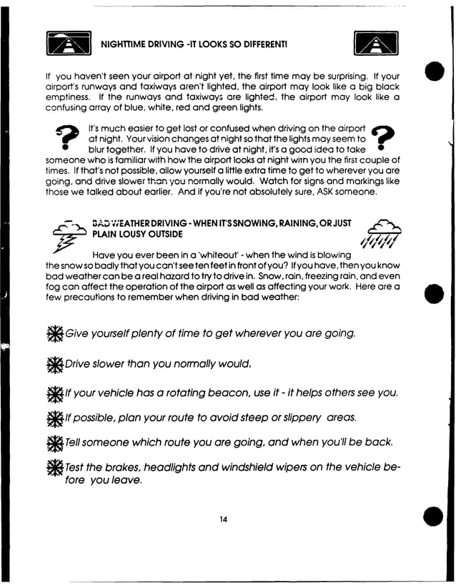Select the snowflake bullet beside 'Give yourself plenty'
[x=54, y=334]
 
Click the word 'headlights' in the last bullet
[x=176, y=467]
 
